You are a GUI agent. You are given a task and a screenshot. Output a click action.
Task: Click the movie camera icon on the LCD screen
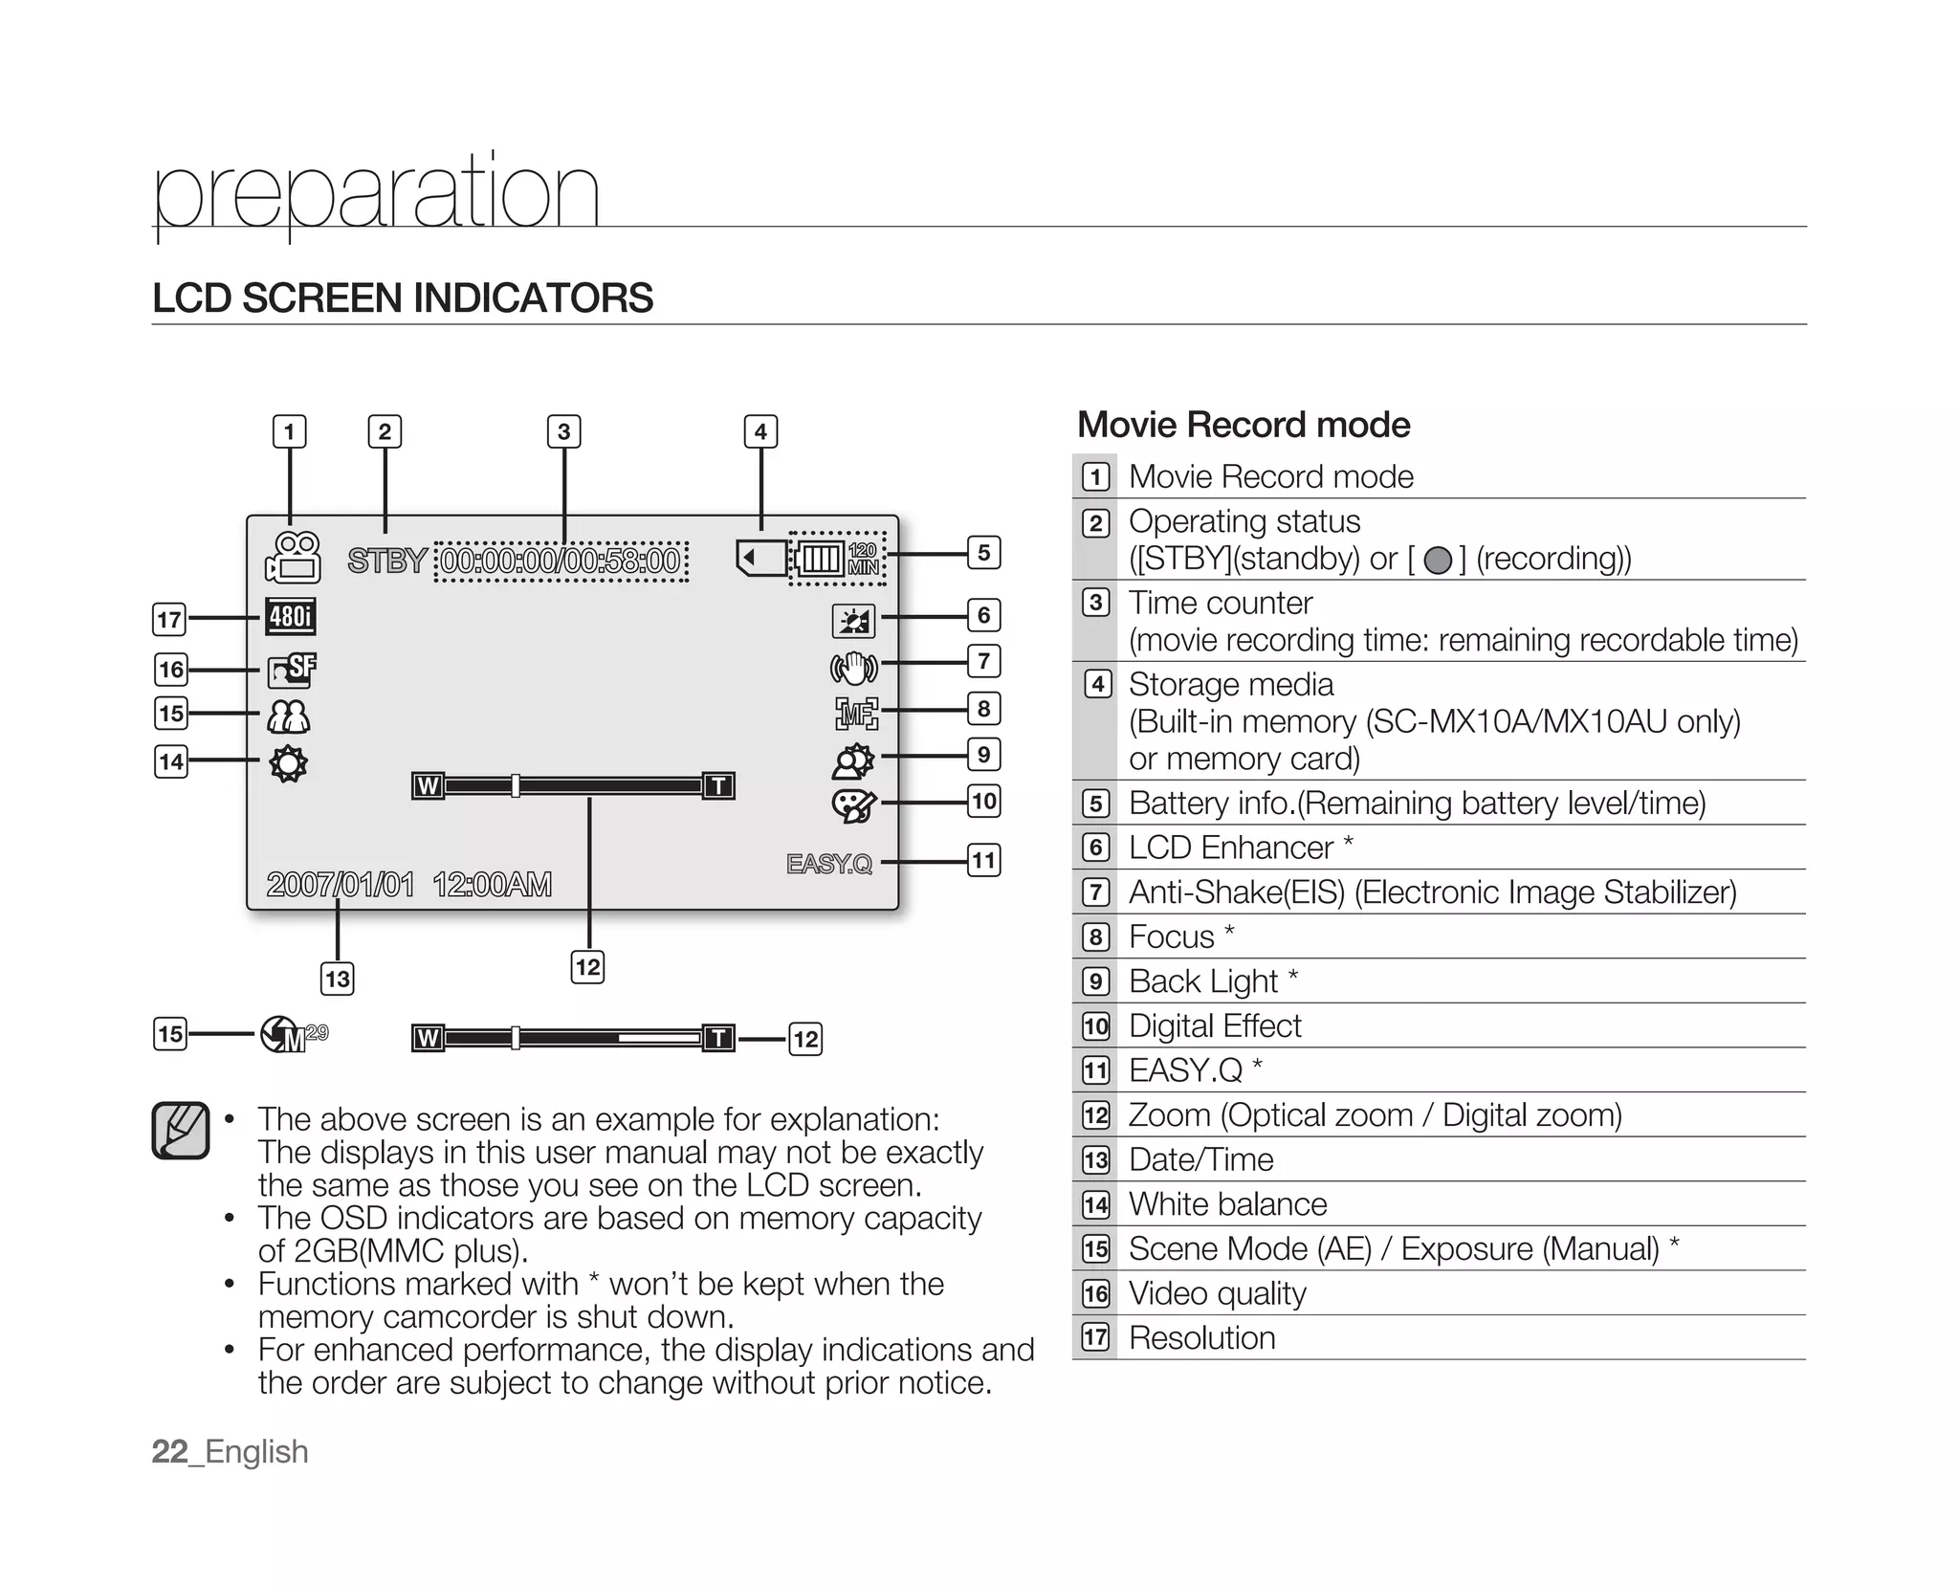click(293, 558)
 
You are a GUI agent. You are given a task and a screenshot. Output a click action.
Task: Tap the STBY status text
click(386, 561)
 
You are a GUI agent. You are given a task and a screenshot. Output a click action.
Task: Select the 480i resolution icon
click(290, 617)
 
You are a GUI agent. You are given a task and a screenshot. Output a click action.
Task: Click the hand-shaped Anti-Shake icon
click(853, 668)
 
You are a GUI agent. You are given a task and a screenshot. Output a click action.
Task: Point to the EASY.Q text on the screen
click(829, 864)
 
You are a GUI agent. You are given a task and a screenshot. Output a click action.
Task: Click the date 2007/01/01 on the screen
click(341, 884)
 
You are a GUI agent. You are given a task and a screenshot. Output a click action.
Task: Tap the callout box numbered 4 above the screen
click(760, 431)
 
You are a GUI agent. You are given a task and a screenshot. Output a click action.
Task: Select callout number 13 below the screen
click(337, 979)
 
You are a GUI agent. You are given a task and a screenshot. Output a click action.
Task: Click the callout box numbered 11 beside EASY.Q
click(983, 860)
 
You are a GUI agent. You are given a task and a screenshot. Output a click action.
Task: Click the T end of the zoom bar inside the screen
click(718, 786)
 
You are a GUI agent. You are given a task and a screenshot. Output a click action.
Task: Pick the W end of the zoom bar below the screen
click(428, 1038)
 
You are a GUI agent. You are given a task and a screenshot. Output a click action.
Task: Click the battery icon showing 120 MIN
click(838, 559)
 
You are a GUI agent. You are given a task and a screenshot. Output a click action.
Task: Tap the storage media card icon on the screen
click(760, 557)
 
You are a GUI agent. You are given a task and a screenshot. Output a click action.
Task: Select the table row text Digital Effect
click(1214, 1025)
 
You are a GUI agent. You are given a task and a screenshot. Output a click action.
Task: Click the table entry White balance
click(1227, 1203)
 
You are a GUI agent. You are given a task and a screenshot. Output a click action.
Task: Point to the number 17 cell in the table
click(1095, 1337)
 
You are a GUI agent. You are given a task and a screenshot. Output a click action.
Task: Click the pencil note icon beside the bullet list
click(181, 1131)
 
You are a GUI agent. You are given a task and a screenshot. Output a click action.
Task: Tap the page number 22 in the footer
click(169, 1451)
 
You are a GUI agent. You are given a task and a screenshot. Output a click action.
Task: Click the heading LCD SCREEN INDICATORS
click(403, 297)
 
